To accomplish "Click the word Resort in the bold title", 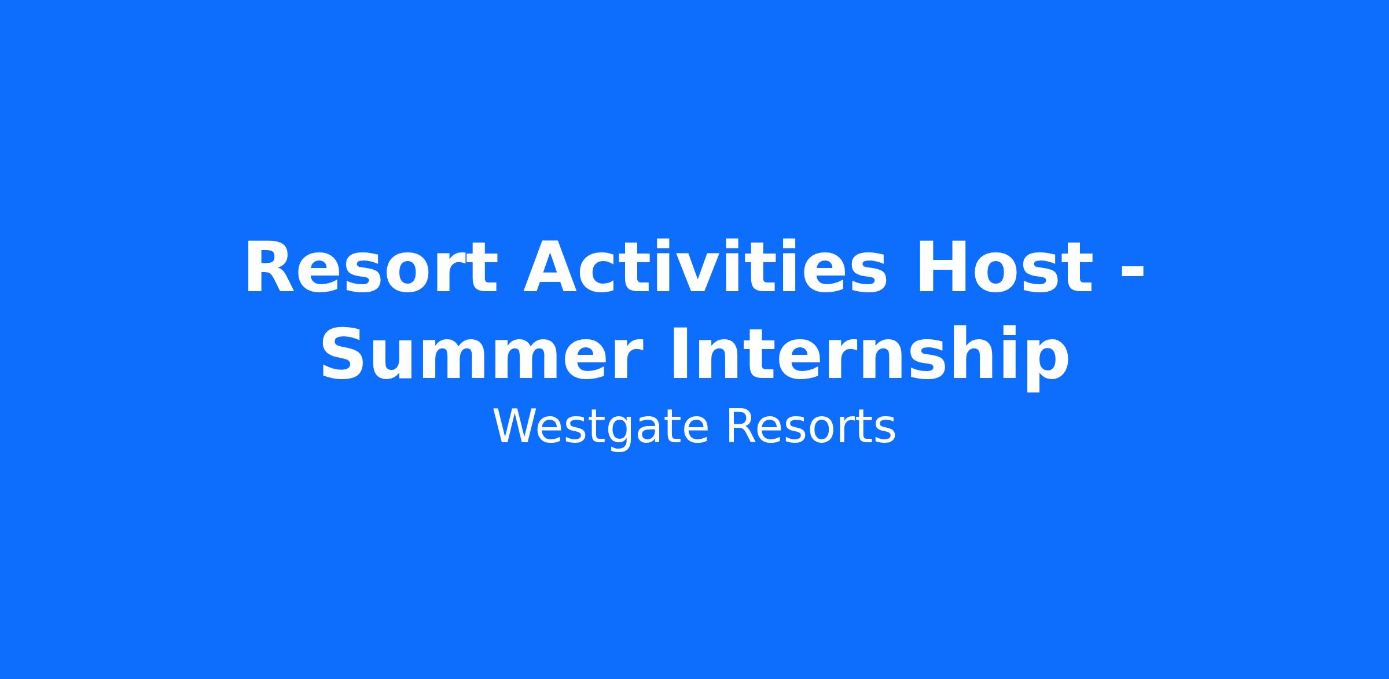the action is click(x=371, y=269).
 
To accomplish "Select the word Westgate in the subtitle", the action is click(x=601, y=428).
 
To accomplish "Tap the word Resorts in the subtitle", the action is click(x=810, y=427).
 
